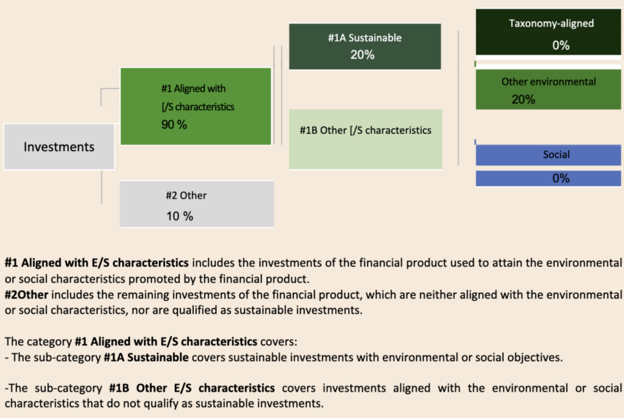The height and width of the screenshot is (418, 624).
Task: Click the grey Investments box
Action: point(59,147)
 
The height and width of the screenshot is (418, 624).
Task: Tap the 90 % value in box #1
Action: point(174,124)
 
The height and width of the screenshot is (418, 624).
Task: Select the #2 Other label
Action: point(186,196)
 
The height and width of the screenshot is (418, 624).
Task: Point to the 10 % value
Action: point(180,216)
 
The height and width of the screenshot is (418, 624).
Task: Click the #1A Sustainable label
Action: point(364,38)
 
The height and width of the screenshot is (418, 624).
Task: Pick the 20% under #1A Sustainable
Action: point(362,55)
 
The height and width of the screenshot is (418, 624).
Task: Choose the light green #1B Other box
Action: point(366,140)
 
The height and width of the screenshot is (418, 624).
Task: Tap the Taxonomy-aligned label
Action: point(551,24)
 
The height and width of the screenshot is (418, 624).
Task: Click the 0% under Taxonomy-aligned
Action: point(561,45)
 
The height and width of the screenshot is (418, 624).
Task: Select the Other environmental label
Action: point(548,82)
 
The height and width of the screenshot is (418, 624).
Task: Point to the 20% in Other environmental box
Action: point(523,99)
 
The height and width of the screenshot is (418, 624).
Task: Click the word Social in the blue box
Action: point(556,154)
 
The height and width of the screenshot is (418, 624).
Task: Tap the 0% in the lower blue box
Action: point(561,179)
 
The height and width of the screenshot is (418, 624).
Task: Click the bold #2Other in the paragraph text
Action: point(26,294)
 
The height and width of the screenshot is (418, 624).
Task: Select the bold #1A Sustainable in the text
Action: point(146,357)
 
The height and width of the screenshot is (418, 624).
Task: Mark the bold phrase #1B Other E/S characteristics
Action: point(192,388)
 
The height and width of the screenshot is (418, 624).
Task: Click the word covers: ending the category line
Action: point(278,342)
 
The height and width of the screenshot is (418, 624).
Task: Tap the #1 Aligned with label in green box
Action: point(193,88)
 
